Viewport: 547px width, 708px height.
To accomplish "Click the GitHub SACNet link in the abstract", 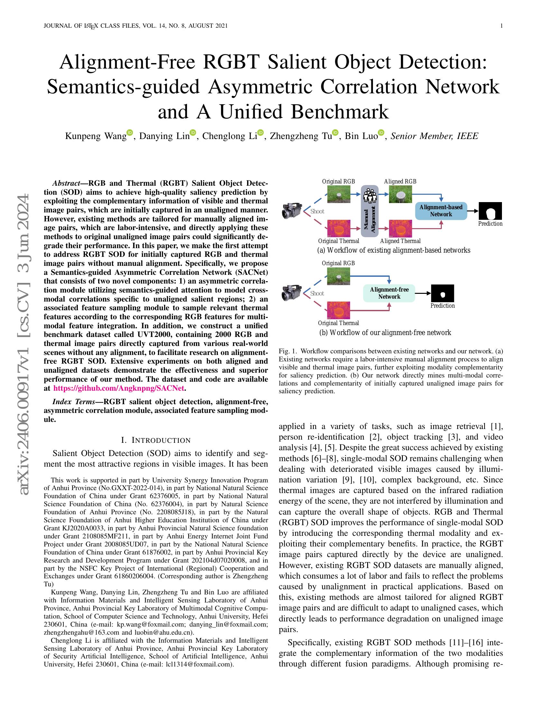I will [119, 388].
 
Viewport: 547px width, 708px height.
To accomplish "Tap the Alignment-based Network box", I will [441, 211].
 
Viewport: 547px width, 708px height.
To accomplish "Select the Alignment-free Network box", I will [389, 293].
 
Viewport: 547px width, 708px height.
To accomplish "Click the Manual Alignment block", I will [370, 211].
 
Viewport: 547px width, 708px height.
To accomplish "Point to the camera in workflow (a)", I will [292, 210].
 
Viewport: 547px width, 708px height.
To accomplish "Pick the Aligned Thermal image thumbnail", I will [400, 228].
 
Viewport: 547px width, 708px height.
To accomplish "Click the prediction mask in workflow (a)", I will [490, 211].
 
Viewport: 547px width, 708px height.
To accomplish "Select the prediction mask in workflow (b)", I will [442, 293].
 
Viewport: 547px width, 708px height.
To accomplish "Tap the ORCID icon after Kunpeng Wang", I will [130, 132].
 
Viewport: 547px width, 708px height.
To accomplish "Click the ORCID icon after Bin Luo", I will [381, 132].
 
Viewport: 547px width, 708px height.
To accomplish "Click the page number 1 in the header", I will [502, 26].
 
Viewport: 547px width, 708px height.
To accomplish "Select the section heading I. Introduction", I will [156, 440].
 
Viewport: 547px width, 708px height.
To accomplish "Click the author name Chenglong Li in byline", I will [229, 136].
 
